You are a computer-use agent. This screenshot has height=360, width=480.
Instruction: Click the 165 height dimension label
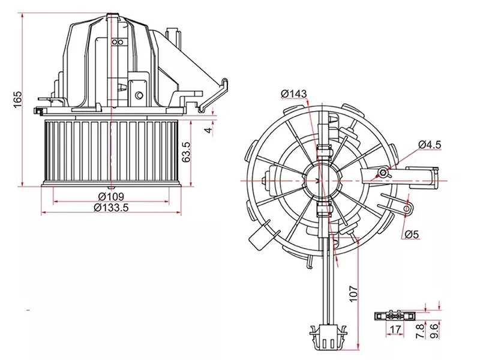click(x=17, y=98)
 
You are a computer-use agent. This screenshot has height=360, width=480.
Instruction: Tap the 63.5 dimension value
click(x=187, y=152)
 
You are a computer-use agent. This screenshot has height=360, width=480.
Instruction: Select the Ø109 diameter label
click(x=112, y=197)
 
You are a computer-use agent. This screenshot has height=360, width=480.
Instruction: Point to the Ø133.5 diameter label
click(x=112, y=208)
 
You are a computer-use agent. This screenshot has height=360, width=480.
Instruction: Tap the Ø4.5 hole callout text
click(x=430, y=144)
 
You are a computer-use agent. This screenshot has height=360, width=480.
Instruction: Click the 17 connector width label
click(x=395, y=329)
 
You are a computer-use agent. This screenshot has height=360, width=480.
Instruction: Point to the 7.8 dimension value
click(x=420, y=330)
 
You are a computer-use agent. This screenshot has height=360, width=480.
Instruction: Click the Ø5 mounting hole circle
click(x=409, y=209)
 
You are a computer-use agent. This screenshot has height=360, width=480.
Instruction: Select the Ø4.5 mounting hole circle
click(x=382, y=173)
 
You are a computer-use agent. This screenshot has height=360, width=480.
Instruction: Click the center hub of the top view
click(x=323, y=179)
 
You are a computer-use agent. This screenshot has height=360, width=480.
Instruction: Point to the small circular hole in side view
click(x=139, y=94)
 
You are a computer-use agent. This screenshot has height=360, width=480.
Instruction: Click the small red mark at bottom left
click(x=28, y=310)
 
